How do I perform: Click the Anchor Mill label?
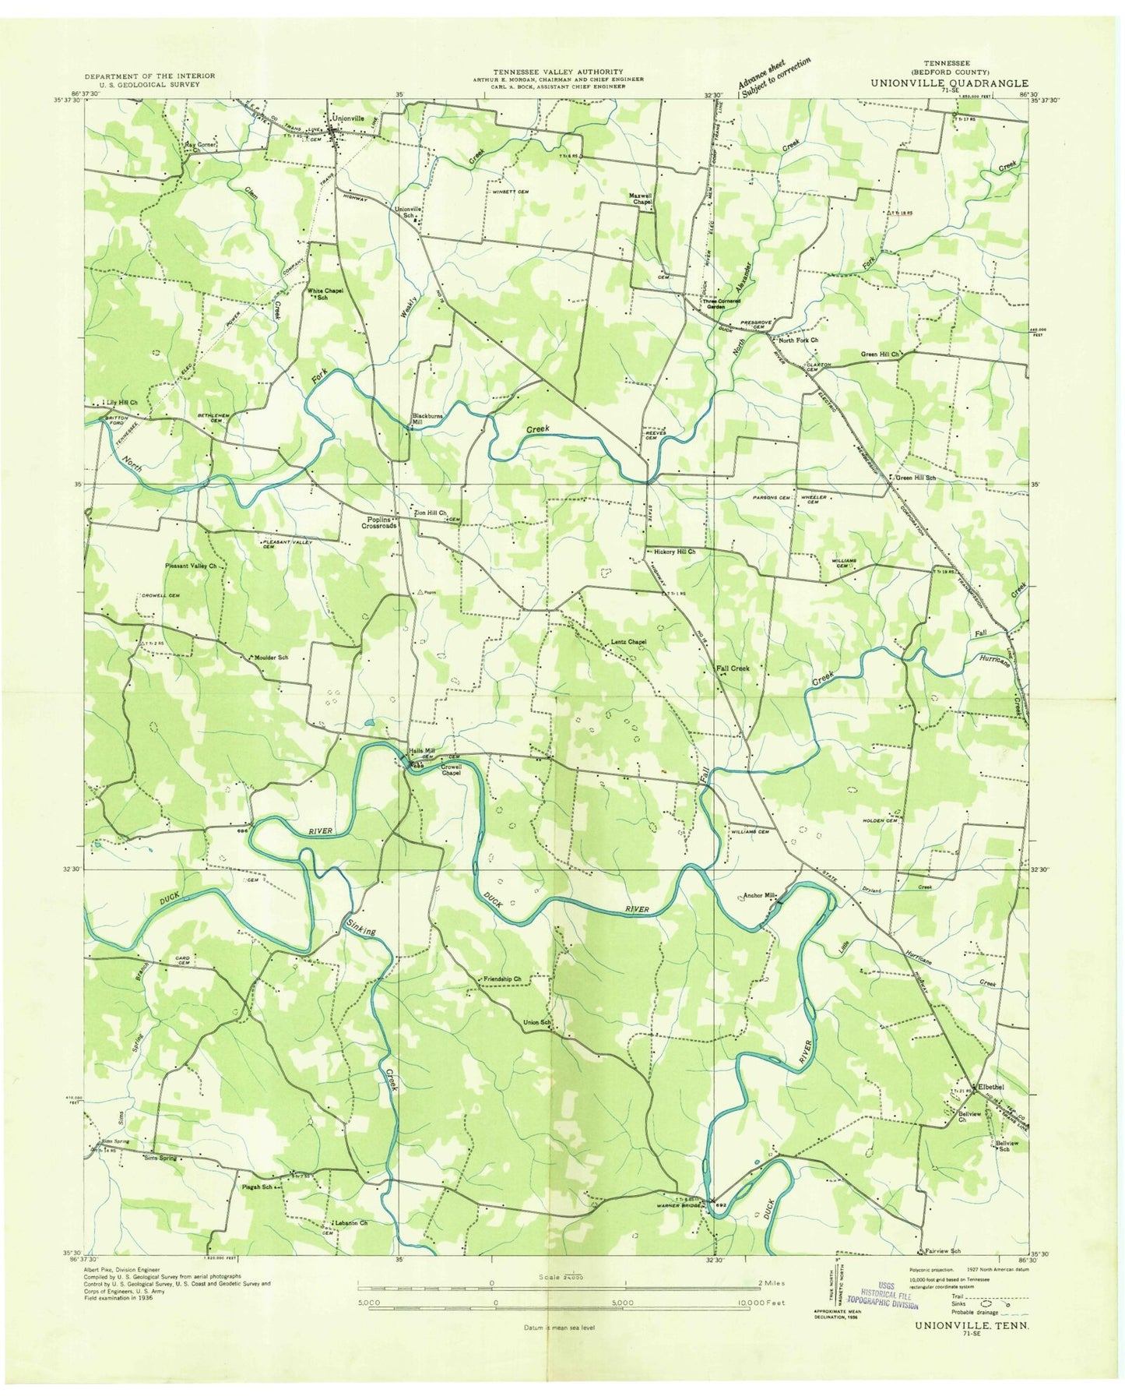click(x=760, y=895)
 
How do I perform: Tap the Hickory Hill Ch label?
click(x=674, y=552)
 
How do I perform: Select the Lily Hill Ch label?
click(x=123, y=403)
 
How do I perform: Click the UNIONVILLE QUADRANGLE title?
click(x=948, y=83)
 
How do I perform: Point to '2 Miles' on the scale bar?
click(x=768, y=1283)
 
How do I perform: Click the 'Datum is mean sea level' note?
click(x=556, y=1328)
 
